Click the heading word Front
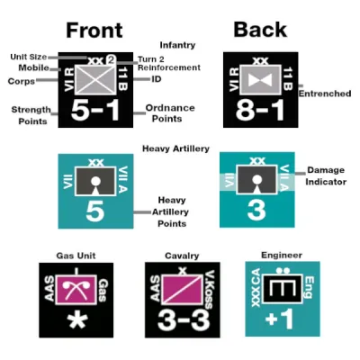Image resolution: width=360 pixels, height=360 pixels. point(94,30)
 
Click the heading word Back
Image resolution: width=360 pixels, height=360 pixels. point(260,30)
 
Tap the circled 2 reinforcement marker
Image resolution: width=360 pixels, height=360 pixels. point(111,60)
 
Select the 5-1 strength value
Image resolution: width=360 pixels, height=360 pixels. point(95,111)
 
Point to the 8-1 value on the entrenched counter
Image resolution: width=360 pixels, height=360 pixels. point(260,110)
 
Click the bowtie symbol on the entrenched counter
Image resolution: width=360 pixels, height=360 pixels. point(260,80)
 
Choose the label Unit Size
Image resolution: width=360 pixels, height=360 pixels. point(29,57)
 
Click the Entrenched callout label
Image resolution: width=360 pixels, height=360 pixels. point(325,94)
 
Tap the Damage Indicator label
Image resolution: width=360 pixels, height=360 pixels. point(326,175)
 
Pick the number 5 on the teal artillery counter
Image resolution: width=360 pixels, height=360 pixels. point(95,211)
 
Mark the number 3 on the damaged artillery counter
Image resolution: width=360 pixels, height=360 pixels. point(256,210)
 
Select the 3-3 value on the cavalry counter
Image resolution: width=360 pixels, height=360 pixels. point(183,319)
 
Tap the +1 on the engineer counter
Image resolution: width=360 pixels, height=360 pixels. point(279,319)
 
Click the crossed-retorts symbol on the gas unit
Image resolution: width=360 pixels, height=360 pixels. point(76,290)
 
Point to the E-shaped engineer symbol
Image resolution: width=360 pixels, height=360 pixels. point(282,289)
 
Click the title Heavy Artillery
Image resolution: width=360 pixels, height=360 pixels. point(175,148)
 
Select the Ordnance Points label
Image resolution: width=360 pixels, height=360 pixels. point(170,113)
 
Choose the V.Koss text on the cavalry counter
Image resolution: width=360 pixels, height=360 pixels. point(209,290)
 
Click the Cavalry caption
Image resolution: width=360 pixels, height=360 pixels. point(182,256)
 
